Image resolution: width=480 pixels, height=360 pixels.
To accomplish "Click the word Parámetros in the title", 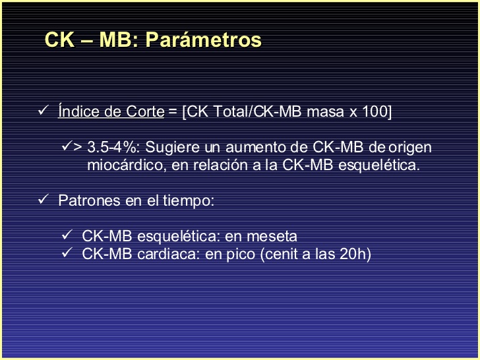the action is [x=203, y=40].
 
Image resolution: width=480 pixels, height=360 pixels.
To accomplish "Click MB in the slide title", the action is [x=115, y=39].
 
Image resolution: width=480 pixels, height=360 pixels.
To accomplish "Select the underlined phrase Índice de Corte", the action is [x=111, y=111].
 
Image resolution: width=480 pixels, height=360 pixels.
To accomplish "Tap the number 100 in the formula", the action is [x=375, y=111].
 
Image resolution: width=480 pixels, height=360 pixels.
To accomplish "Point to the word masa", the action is [x=325, y=111].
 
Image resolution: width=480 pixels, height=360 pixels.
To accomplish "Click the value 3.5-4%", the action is [x=111, y=147].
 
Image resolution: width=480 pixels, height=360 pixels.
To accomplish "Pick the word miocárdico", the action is [x=127, y=165].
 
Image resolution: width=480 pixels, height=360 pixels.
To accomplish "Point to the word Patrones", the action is [x=89, y=201].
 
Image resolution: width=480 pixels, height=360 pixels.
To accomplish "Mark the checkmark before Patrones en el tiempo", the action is [x=44, y=199].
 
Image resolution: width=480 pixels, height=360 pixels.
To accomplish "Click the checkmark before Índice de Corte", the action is [x=44, y=110].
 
